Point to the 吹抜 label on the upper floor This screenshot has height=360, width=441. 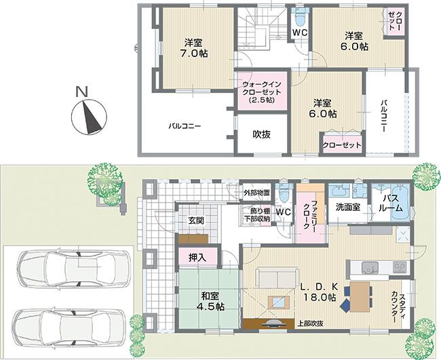click(x=261, y=134)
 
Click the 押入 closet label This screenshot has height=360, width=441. click(x=193, y=258)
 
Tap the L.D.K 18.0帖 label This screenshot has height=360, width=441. click(x=318, y=292)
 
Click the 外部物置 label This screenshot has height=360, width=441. click(x=256, y=193)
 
